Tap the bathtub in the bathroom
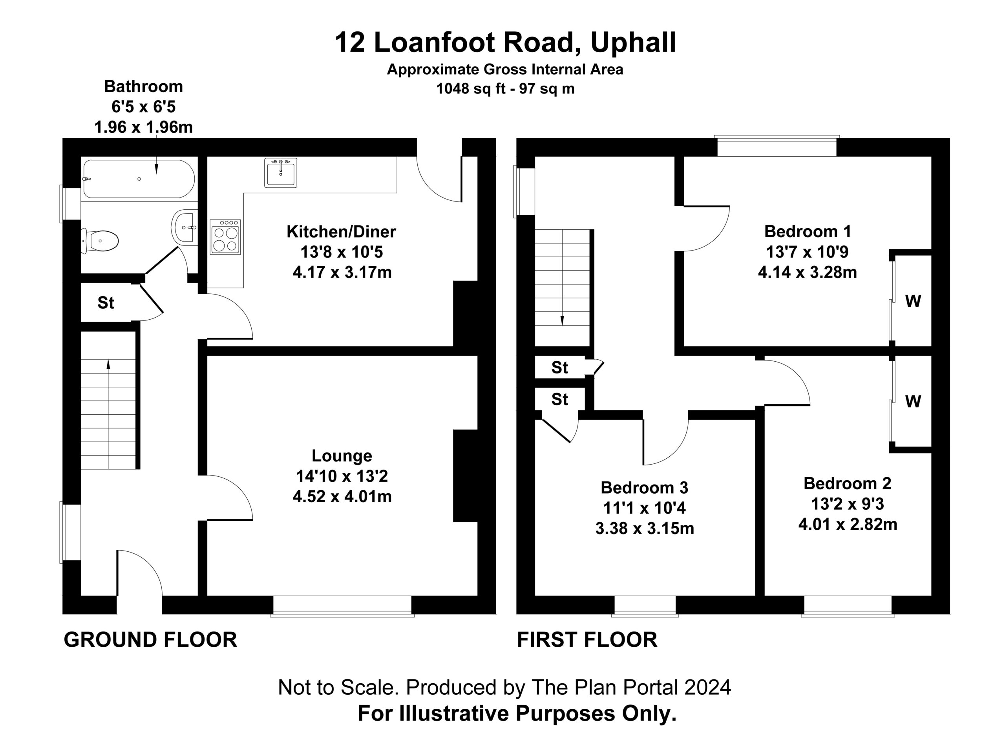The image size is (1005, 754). tap(139, 179)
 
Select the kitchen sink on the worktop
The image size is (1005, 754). tap(281, 173)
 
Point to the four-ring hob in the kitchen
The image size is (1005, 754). tap(225, 237)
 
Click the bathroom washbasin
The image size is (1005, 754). tap(185, 227)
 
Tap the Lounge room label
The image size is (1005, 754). tap(342, 456)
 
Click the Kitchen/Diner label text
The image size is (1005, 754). tap(341, 232)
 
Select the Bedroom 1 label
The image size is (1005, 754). tap(808, 231)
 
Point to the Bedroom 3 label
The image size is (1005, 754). tap(644, 488)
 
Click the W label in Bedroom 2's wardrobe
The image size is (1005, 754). tap(913, 401)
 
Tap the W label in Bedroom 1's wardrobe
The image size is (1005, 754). tap(913, 301)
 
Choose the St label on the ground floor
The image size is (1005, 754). tap(106, 303)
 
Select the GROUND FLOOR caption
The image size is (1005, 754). tap(150, 639)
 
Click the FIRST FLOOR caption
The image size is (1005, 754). tap(587, 639)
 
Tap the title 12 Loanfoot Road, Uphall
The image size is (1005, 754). tap(505, 43)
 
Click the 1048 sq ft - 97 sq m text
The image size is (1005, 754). tap(505, 89)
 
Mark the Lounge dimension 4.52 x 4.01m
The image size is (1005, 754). tap(342, 496)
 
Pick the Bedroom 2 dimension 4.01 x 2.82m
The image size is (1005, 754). tap(848, 525)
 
